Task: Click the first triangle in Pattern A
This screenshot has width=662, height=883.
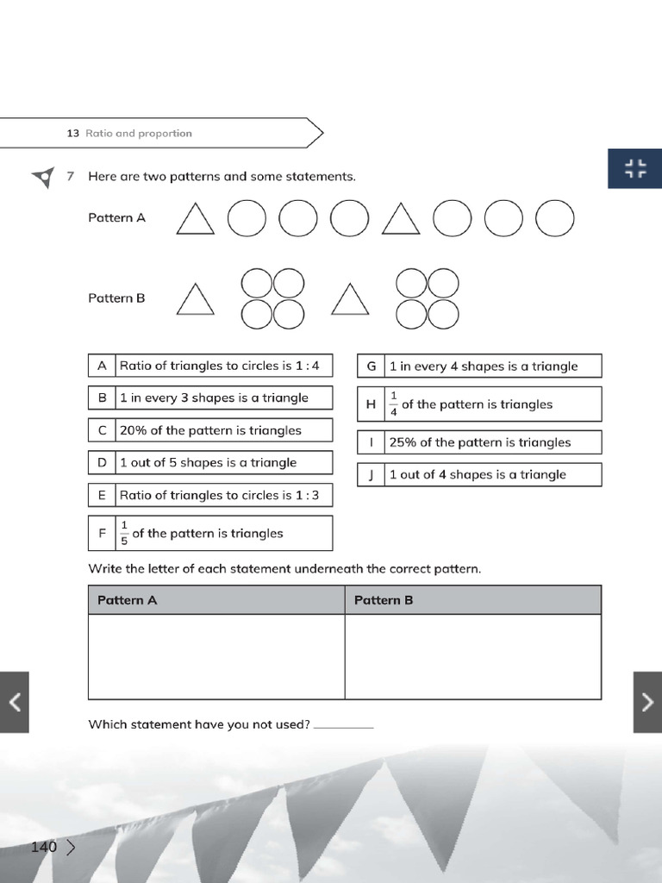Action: [195, 220]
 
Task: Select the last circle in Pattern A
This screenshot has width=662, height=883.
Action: [554, 218]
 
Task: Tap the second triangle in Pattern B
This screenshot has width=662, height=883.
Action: [350, 301]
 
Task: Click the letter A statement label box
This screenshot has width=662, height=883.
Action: [102, 366]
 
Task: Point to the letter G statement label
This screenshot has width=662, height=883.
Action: [372, 366]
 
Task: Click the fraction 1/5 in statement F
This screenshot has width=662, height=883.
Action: [124, 533]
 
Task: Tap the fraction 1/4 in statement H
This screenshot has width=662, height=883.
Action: [394, 404]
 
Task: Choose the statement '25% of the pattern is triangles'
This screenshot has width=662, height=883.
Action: [479, 442]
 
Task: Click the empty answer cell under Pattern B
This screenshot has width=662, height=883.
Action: [472, 656]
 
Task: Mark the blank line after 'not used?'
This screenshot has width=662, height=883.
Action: [344, 725]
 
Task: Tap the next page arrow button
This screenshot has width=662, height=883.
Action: [647, 702]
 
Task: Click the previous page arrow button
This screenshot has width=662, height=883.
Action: [14, 702]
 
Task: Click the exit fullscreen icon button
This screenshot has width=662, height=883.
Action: [635, 168]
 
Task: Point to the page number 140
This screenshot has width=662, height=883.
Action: [43, 847]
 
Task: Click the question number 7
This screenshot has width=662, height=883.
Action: [71, 176]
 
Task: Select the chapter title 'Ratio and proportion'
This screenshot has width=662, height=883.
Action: [138, 134]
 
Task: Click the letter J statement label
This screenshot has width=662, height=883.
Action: [372, 474]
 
